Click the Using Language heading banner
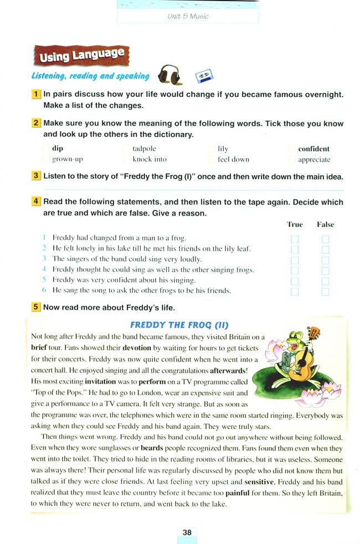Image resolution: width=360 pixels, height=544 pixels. tap(81, 55)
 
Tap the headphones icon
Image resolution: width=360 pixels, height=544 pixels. tap(169, 75)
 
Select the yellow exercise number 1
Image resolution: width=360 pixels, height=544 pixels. tap(36, 95)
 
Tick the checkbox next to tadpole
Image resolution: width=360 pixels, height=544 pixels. tap(127, 149)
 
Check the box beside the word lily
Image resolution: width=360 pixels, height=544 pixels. tap(212, 149)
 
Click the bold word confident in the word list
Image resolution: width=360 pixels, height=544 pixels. tap(313, 149)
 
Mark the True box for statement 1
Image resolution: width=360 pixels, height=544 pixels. tap(295, 239)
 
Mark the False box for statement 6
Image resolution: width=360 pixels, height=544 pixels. tap(325, 291)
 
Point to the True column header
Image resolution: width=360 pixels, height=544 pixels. tap(295, 225)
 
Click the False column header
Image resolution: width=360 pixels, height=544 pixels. tap(325, 225)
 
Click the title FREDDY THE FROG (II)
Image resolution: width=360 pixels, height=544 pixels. tap(179, 325)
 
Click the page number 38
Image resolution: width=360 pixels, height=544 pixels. tap(187, 532)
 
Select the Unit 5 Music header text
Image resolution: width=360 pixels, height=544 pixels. tap(188, 17)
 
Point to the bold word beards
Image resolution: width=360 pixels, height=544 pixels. tap(152, 448)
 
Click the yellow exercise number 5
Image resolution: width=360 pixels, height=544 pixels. tap(36, 308)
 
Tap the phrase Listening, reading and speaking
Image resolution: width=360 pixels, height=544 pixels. tap(90, 76)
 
